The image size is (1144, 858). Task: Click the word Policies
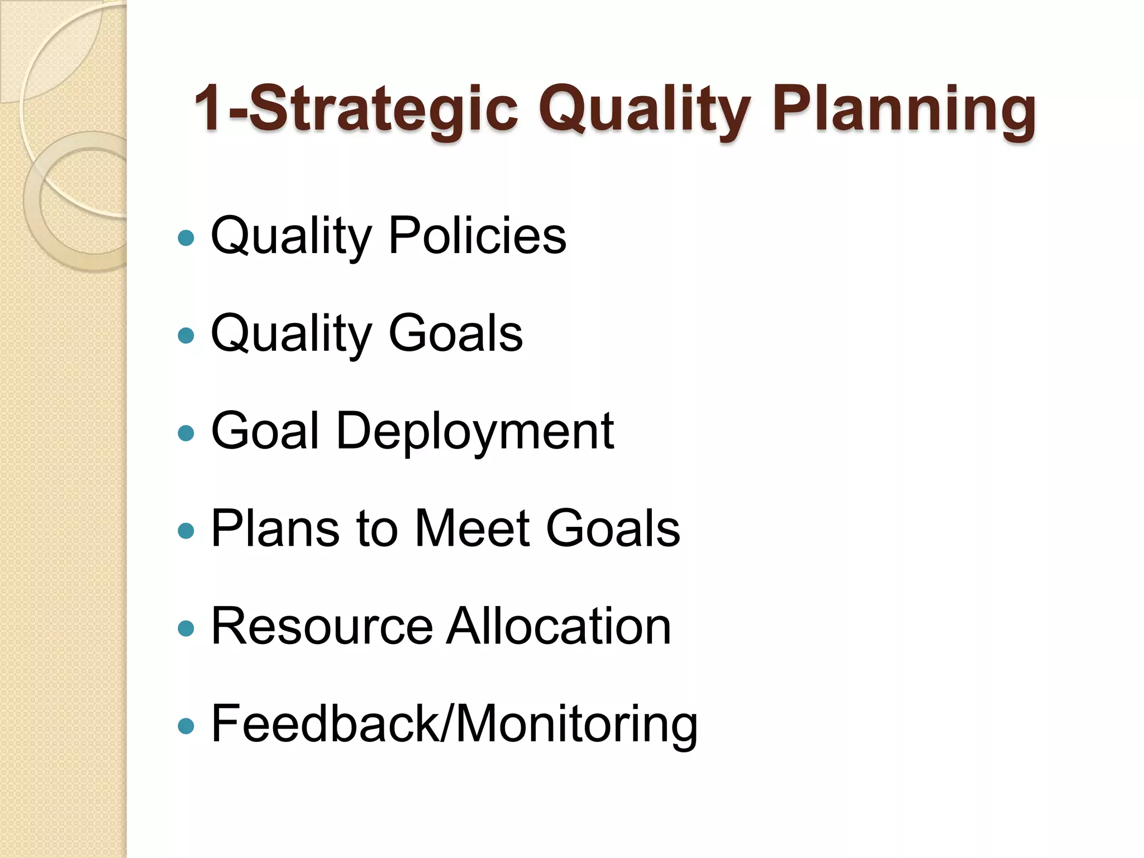click(x=477, y=236)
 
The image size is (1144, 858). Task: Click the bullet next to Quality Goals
click(x=185, y=336)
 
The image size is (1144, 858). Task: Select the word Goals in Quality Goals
click(x=455, y=333)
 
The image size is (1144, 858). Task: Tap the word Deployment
click(x=475, y=431)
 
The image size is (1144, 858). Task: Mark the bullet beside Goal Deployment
click(x=185, y=433)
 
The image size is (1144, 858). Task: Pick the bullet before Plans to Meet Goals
click(x=185, y=531)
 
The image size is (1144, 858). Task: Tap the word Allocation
click(x=558, y=626)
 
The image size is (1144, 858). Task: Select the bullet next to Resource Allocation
click(x=185, y=629)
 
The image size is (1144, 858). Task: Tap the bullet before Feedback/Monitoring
click(x=185, y=726)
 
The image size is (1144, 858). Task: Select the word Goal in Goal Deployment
click(x=265, y=431)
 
